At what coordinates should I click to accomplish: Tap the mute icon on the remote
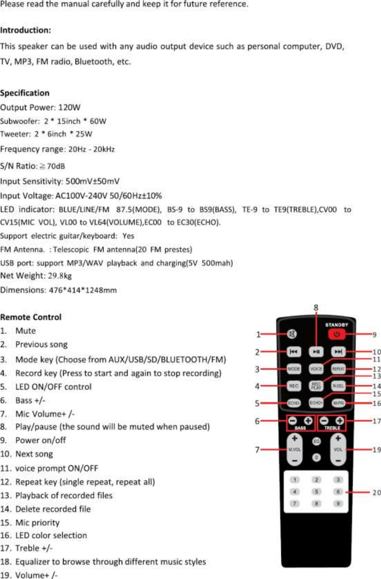(x=292, y=334)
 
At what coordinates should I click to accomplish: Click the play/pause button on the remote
(x=316, y=352)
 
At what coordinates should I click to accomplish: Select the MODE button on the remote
(x=294, y=368)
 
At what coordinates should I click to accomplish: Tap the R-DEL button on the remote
(x=338, y=386)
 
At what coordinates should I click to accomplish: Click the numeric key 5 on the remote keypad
(x=316, y=491)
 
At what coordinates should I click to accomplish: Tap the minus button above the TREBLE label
(x=324, y=421)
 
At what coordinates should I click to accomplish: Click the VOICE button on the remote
(x=316, y=368)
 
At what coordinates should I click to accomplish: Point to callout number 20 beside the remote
(x=375, y=492)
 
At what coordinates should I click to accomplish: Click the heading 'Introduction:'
(x=26, y=30)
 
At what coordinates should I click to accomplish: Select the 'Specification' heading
(x=25, y=93)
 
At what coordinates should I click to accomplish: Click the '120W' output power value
(x=72, y=107)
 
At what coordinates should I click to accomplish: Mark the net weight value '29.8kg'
(x=60, y=276)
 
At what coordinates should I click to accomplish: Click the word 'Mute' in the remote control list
(x=25, y=331)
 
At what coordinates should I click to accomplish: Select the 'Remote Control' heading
(x=31, y=317)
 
